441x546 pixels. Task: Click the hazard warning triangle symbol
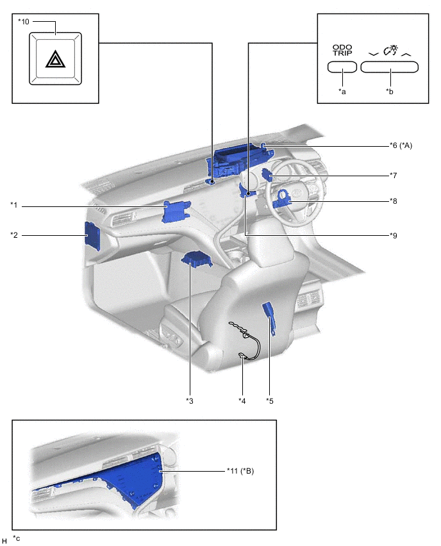[x=55, y=59]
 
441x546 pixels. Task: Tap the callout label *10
[x=24, y=22]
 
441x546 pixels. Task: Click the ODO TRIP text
[x=342, y=50]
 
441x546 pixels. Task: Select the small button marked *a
[x=342, y=67]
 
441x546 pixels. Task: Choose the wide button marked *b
[x=389, y=67]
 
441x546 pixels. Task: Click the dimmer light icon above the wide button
[x=390, y=50]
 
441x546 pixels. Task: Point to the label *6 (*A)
[x=401, y=145]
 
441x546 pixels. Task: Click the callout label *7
[x=394, y=175]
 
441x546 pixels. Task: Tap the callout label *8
[x=394, y=201]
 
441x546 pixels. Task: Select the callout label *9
[x=394, y=235]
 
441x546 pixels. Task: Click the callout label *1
[x=14, y=205]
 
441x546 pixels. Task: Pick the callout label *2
[x=14, y=235]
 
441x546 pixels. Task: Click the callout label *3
[x=190, y=401]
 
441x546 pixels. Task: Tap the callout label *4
[x=242, y=401]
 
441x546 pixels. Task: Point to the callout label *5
[x=270, y=401]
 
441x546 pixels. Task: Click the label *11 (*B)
[x=240, y=471]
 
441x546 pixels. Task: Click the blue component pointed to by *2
[x=93, y=236]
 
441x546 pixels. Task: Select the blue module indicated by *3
[x=197, y=260]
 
